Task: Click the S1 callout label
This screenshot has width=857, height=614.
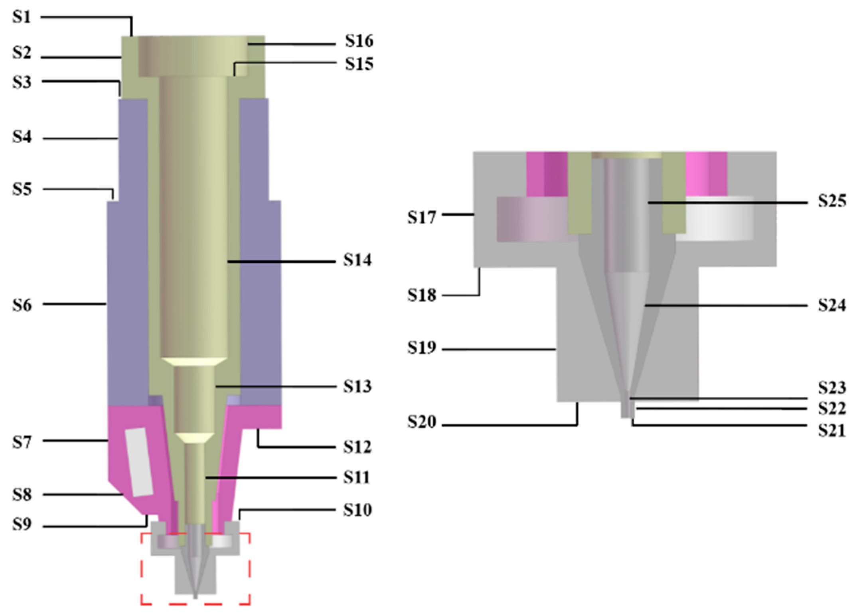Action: [x=22, y=17]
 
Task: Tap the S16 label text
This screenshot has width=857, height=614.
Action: [x=359, y=41]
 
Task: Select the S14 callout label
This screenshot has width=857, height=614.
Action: [x=357, y=260]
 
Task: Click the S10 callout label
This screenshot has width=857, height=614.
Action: [x=357, y=510]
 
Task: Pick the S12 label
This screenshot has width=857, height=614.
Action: [x=357, y=447]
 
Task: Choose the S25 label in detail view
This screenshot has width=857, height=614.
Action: [x=832, y=201]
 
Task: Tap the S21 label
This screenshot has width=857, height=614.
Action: [x=832, y=431]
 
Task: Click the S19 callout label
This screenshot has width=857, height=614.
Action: [x=421, y=348]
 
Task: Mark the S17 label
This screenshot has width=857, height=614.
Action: [x=421, y=217]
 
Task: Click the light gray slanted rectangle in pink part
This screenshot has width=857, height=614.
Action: [x=139, y=462]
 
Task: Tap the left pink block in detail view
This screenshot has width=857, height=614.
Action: [x=547, y=174]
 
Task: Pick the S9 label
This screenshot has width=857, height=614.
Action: [x=22, y=524]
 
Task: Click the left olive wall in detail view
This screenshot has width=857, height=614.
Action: [x=579, y=193]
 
